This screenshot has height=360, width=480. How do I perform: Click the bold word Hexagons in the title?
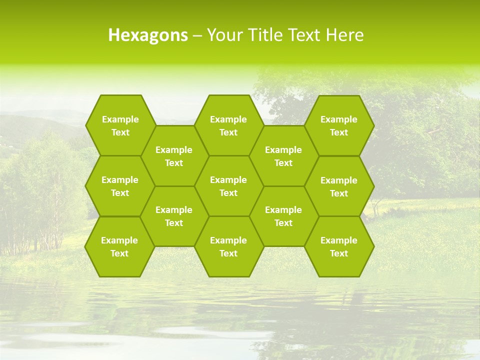[x=148, y=35]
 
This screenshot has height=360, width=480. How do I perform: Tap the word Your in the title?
[x=222, y=35]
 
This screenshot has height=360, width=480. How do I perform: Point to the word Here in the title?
[x=344, y=35]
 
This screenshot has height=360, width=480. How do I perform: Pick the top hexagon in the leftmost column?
[x=120, y=125]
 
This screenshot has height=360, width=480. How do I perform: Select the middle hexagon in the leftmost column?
[x=120, y=186]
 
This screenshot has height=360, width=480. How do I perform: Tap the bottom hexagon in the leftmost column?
[x=119, y=246]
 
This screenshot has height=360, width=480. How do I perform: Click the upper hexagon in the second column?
[x=174, y=156]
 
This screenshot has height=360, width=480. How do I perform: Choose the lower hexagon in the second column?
[x=174, y=216]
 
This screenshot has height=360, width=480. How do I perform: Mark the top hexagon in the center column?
[x=228, y=125]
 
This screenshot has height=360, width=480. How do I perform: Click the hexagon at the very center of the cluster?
[x=228, y=186]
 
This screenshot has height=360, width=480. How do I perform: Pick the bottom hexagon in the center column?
[x=228, y=246]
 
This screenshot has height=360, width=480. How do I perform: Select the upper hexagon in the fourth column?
[x=283, y=156]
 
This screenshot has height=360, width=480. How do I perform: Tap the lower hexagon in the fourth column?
[x=283, y=216]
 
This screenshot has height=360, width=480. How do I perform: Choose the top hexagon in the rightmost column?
[x=339, y=125]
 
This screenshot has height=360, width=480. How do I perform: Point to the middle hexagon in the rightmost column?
[x=339, y=186]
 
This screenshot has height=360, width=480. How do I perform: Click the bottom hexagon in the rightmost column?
[x=339, y=246]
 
